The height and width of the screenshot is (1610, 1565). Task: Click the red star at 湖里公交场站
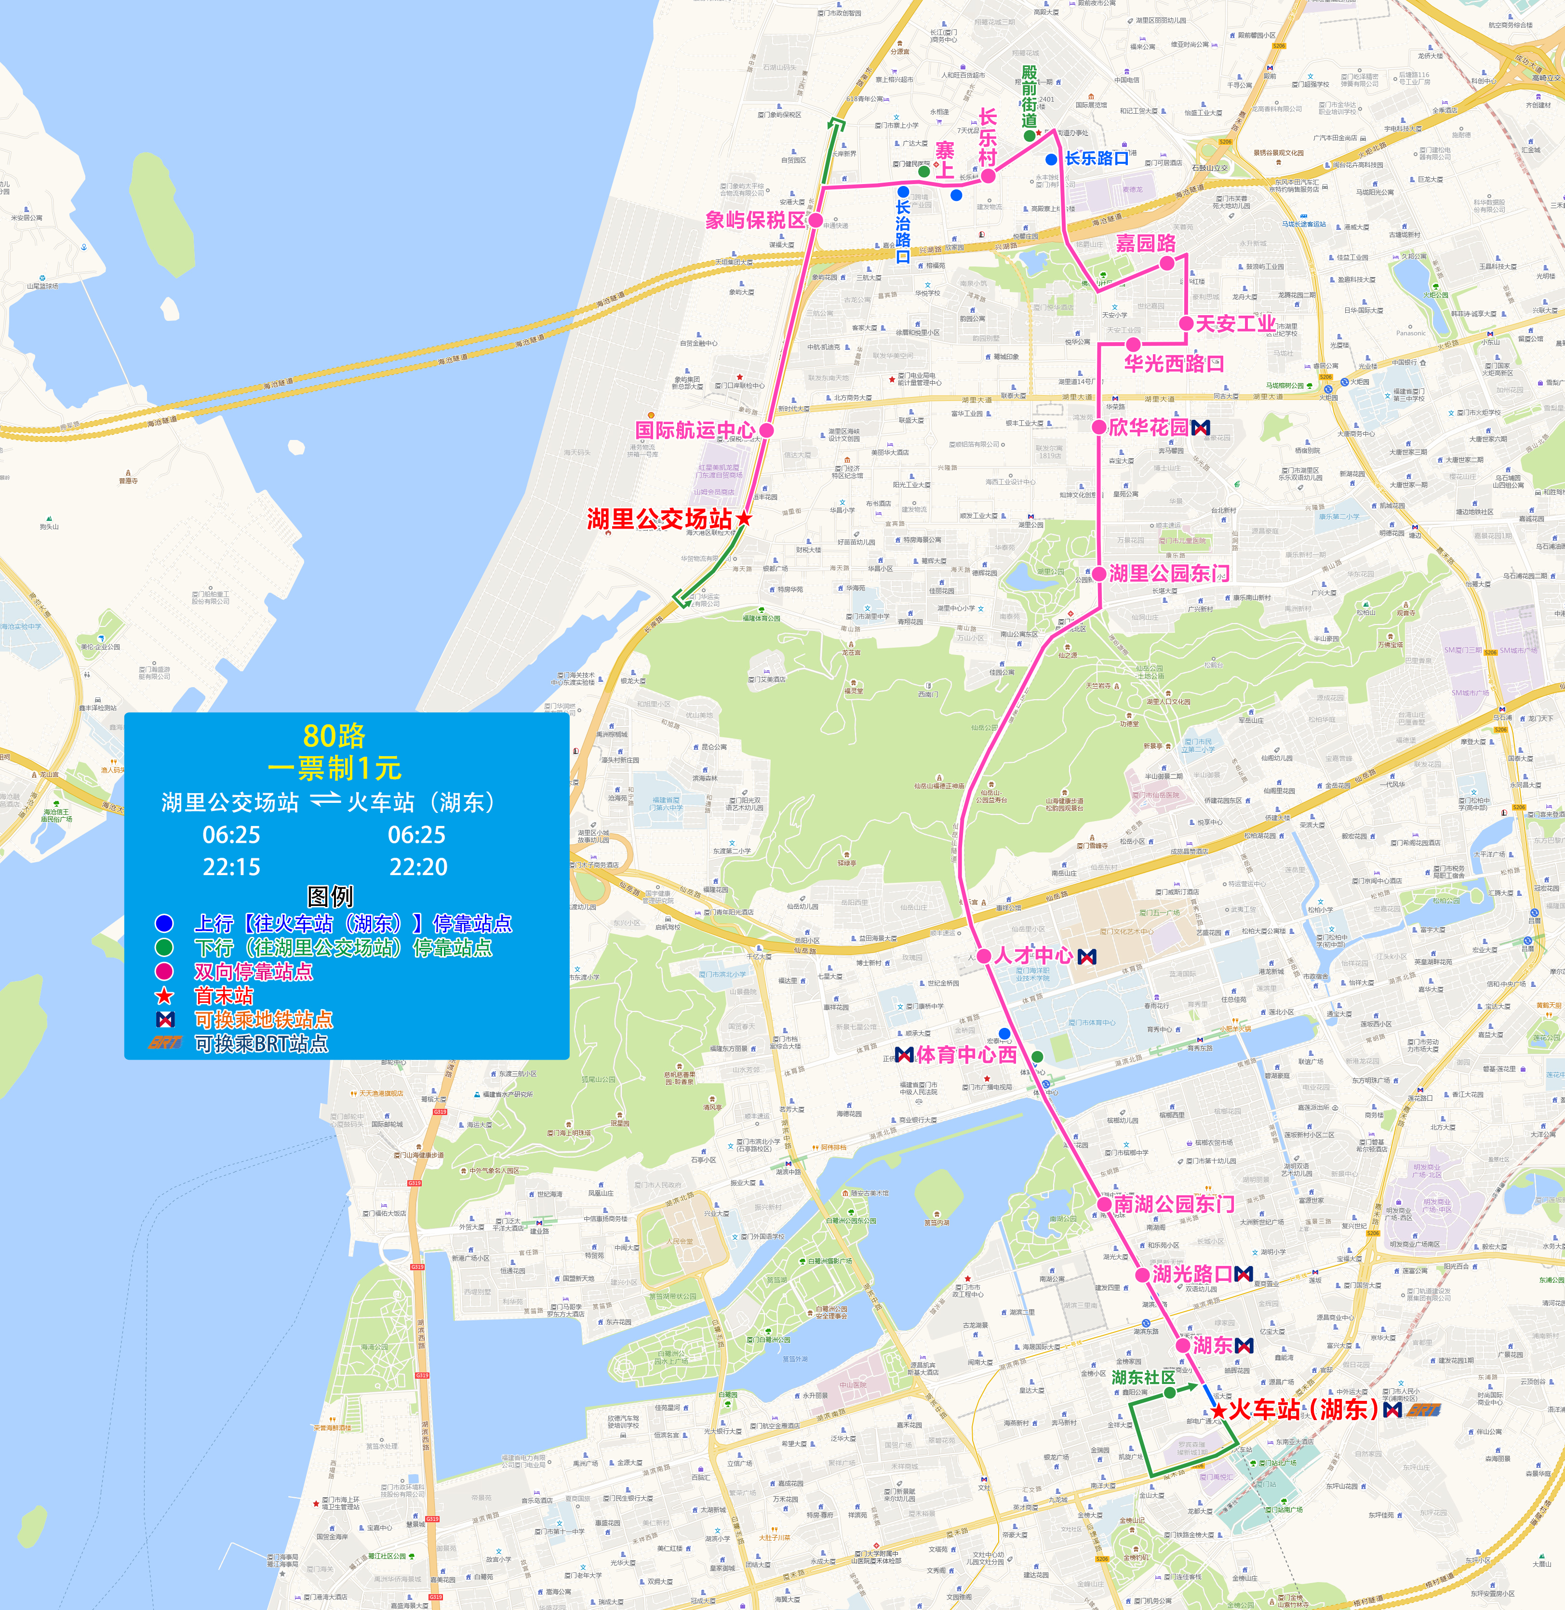744,519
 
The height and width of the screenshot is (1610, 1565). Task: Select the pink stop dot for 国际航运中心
766,430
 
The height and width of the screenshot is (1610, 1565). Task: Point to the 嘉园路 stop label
1145,243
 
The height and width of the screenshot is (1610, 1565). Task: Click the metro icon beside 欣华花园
1201,427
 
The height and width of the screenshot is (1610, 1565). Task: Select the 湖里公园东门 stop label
1169,573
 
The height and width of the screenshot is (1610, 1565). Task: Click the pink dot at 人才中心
984,956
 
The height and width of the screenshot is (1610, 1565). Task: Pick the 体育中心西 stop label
967,1054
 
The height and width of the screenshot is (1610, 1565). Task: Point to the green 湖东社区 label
1143,1377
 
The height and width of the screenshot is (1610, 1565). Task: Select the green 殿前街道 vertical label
1029,96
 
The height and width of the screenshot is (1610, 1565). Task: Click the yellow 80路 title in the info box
334,735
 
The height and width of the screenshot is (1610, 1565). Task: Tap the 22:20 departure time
418,867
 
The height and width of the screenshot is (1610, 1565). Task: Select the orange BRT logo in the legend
164,1043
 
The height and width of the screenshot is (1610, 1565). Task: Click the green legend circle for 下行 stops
164,947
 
